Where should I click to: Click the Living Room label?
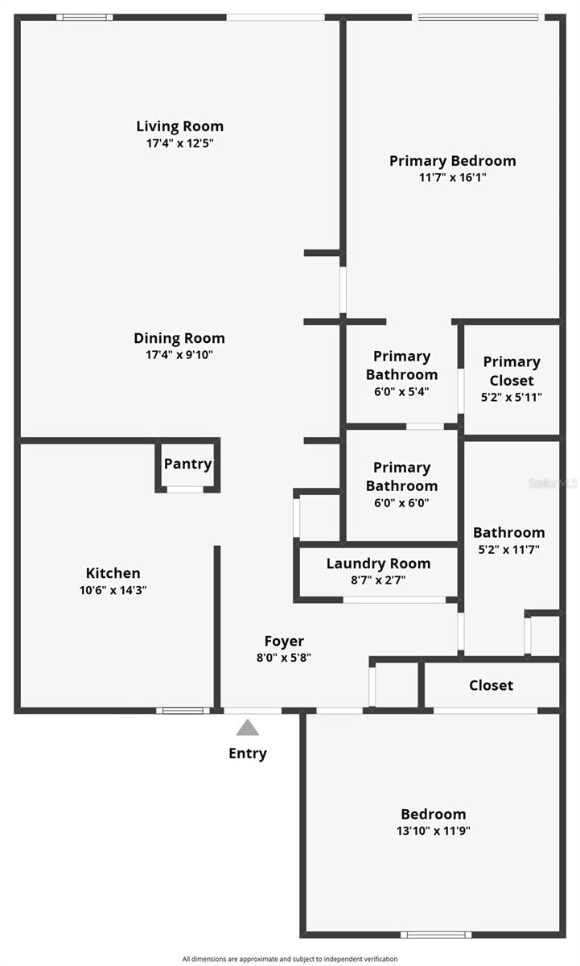tap(179, 126)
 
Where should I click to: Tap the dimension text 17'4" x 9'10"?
tap(179, 354)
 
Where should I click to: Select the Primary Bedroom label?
tap(452, 161)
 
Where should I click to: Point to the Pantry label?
tap(187, 464)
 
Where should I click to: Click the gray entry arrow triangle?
tap(248, 728)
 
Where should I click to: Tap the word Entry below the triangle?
tap(248, 753)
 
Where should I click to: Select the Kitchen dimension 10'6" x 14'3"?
tap(113, 589)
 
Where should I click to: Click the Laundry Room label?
tap(378, 563)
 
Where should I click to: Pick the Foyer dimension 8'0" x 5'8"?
tap(284, 657)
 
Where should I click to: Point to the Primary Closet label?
tap(512, 371)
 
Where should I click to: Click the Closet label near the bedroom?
tap(491, 685)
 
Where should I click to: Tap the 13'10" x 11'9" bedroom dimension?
tap(433, 831)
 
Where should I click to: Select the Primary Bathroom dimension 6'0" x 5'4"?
tap(401, 392)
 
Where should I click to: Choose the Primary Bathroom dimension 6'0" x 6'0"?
tap(401, 503)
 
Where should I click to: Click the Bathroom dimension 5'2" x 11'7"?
tap(508, 550)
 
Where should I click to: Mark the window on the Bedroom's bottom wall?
tap(436, 935)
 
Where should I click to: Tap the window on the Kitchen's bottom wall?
tap(183, 710)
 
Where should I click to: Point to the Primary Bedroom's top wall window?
tap(478, 17)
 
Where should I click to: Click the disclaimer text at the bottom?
tap(290, 959)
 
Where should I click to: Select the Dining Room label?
tap(179, 338)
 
